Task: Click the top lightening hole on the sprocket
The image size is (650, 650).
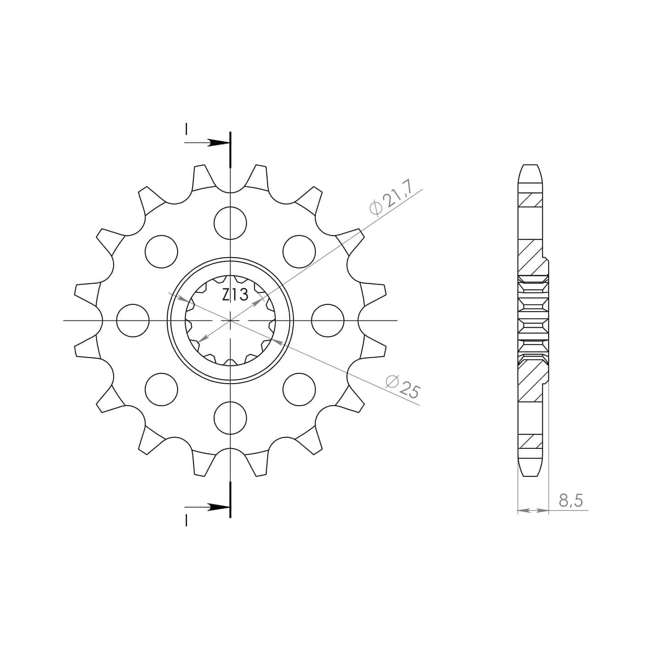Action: [x=231, y=223]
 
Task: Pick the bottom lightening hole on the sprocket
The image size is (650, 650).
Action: [x=231, y=418]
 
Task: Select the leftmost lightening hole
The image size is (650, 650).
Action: [x=133, y=320]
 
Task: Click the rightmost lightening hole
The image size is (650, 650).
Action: [x=328, y=320]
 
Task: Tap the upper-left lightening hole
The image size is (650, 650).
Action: [x=161, y=252]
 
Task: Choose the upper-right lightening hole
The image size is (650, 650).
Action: [x=299, y=252]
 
